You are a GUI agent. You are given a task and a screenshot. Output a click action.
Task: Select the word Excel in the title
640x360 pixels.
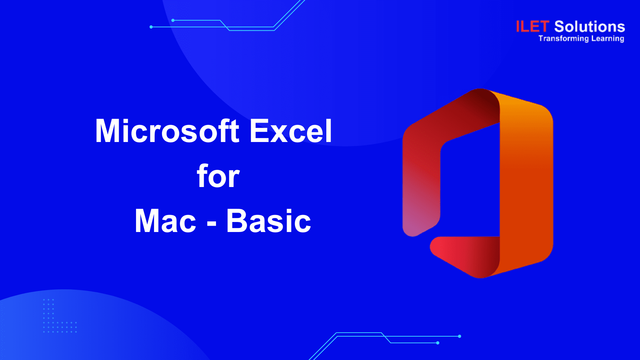(x=291, y=131)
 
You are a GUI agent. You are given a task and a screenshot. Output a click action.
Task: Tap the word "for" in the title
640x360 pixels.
(x=218, y=176)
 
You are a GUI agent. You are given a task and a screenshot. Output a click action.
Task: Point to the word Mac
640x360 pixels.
(x=165, y=221)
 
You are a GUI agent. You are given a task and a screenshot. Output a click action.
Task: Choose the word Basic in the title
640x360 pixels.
(x=269, y=221)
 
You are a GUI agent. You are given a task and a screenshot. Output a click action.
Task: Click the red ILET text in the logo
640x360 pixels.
(x=532, y=27)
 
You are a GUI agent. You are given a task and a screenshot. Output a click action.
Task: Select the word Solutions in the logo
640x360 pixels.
(x=590, y=27)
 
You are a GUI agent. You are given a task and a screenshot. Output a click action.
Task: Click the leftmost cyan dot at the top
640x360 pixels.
(x=151, y=27)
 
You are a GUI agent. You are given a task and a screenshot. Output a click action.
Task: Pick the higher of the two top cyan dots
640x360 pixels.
(x=173, y=20)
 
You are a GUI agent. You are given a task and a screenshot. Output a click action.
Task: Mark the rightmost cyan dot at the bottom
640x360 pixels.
(x=460, y=336)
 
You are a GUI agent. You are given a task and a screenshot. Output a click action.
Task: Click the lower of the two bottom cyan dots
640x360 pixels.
(x=438, y=343)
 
